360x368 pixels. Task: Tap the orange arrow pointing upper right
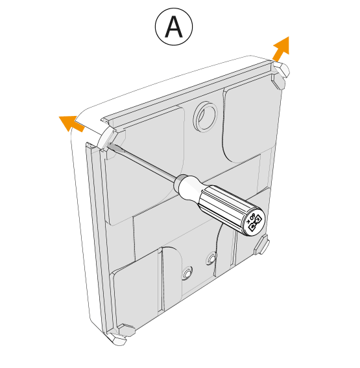click(x=280, y=49)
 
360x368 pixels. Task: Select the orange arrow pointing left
click(x=71, y=122)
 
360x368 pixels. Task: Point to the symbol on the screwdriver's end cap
click(x=253, y=223)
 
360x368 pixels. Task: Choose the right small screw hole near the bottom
click(x=210, y=259)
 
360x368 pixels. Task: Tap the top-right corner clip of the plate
click(x=278, y=77)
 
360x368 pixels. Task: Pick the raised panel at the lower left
click(x=136, y=292)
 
